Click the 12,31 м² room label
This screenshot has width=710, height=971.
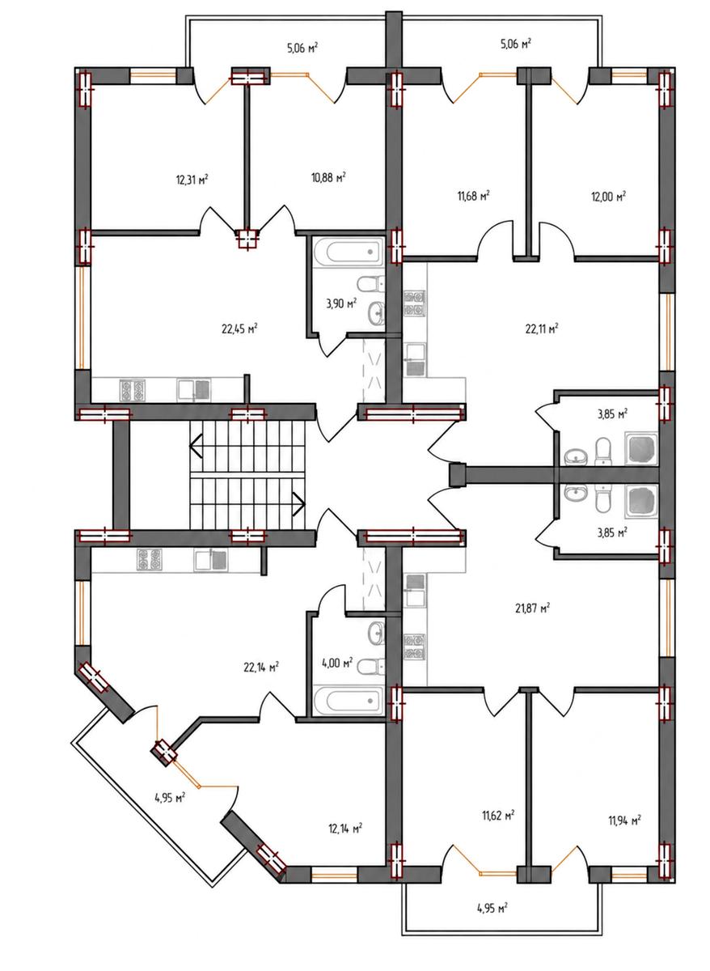pyautogui.click(x=192, y=180)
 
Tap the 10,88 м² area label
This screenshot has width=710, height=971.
pyautogui.click(x=328, y=177)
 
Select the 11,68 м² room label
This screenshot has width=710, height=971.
pyautogui.click(x=474, y=196)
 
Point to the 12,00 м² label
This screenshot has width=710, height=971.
pyautogui.click(x=609, y=197)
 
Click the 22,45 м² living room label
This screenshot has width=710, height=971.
pyautogui.click(x=240, y=329)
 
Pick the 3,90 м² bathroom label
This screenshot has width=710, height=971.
pyautogui.click(x=341, y=303)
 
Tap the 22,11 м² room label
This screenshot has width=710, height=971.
pyautogui.click(x=542, y=329)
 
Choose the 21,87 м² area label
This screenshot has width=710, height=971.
pyautogui.click(x=532, y=608)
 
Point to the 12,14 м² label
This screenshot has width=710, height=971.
pyautogui.click(x=344, y=829)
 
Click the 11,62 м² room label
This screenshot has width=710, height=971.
pyautogui.click(x=498, y=816)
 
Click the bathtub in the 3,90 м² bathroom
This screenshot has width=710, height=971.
pyautogui.click(x=349, y=252)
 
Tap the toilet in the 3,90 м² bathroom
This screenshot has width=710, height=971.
pyautogui.click(x=371, y=284)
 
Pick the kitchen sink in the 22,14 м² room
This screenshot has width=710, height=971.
pyautogui.click(x=210, y=560)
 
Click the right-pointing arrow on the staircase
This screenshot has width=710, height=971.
pyautogui.click(x=299, y=504)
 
